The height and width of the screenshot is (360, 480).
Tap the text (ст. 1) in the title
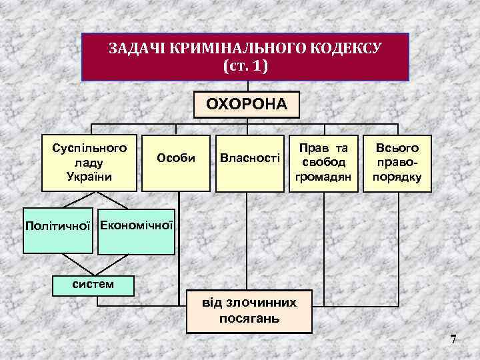pos(248,67)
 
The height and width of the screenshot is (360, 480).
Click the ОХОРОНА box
pos(247,105)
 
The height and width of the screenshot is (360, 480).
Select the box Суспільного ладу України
pos(90,162)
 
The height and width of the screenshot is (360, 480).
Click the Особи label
pos(176,158)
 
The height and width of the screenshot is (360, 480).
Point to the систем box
pos(93,285)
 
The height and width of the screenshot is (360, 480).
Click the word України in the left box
pos(90,176)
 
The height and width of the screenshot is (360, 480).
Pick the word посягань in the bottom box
pos(249,318)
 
